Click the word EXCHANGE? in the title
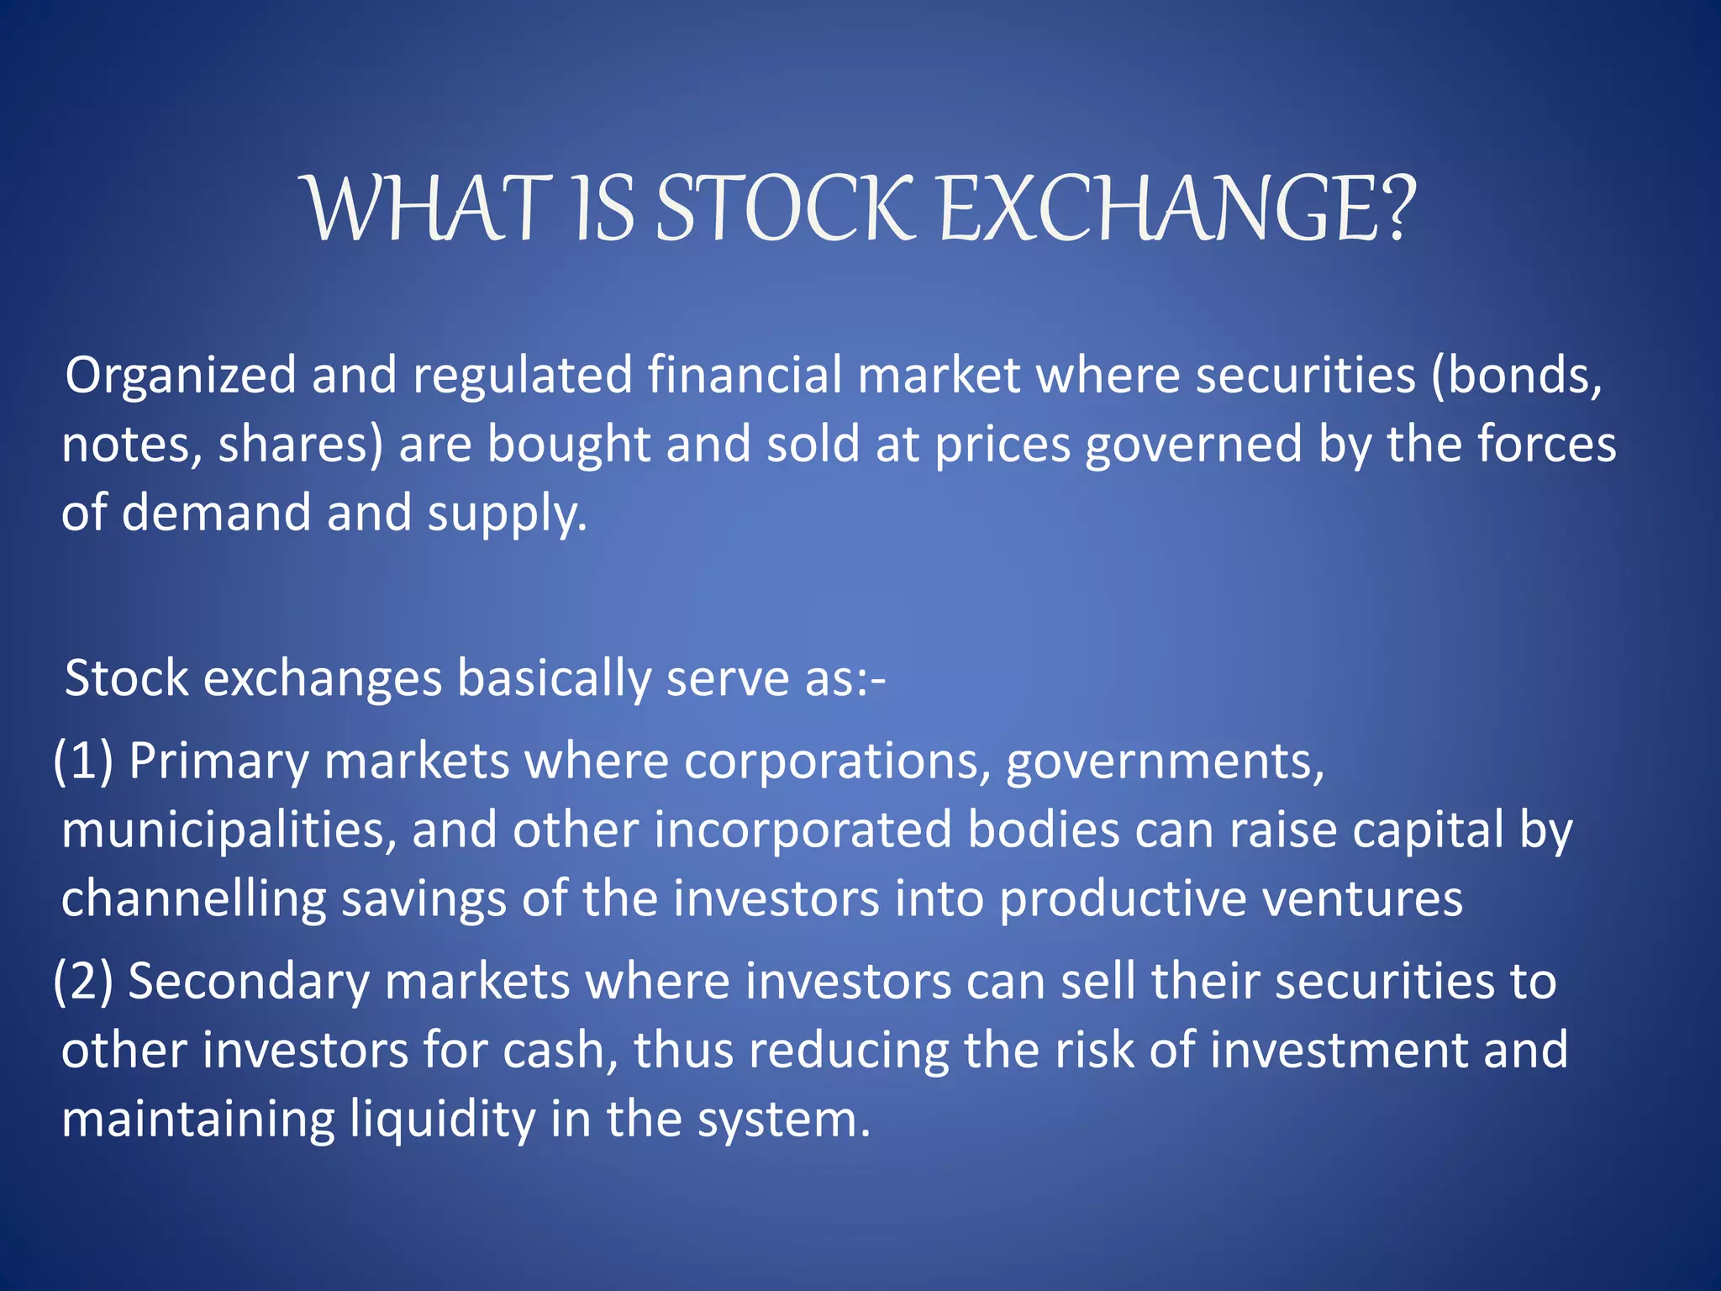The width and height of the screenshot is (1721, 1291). pyautogui.click(x=1176, y=208)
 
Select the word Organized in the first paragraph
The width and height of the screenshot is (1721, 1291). pyautogui.click(x=181, y=375)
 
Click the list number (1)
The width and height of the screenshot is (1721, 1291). pyautogui.click(x=82, y=761)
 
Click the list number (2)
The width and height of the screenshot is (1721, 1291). pyautogui.click(x=82, y=982)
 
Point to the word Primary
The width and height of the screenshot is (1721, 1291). pyautogui.click(x=218, y=761)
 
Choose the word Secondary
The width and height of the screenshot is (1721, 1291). pyautogui.click(x=248, y=982)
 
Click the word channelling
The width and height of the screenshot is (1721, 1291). pyautogui.click(x=193, y=899)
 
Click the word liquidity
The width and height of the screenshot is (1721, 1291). pyautogui.click(x=442, y=1120)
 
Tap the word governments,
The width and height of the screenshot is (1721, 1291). pyautogui.click(x=1165, y=761)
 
